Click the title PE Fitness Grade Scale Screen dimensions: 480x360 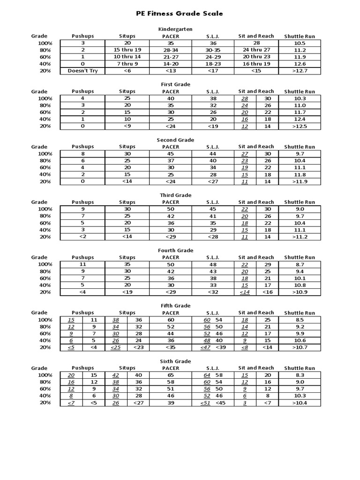click(180, 14)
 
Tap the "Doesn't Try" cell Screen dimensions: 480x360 click(82, 71)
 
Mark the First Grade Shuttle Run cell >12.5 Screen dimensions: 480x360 click(300, 126)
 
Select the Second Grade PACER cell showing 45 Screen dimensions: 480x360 click(170, 154)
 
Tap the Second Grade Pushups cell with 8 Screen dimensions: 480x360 click(82, 154)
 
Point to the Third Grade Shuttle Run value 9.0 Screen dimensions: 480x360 click(300, 209)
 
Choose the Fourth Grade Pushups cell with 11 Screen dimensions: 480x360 click(82, 264)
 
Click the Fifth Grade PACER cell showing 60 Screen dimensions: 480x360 click(170, 320)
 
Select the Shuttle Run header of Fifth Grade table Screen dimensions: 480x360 click(300, 313)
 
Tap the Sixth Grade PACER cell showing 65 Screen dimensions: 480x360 click(170, 375)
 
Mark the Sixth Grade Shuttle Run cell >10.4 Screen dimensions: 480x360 click(300, 403)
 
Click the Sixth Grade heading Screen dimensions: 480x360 click(175, 361)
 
